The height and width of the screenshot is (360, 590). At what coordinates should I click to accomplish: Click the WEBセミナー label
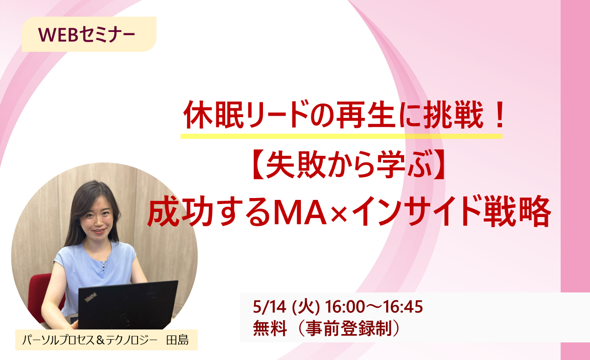[87, 35]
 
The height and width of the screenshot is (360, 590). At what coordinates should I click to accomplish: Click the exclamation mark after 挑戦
[498, 116]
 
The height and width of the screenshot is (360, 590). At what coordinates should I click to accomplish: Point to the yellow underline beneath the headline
[341, 136]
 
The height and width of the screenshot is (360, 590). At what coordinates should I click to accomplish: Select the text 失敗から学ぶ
[349, 164]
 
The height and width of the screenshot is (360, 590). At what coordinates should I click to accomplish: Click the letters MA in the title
[300, 212]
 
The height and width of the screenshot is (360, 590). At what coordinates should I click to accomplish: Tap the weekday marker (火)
[306, 307]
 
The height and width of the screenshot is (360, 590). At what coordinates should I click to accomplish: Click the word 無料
[270, 329]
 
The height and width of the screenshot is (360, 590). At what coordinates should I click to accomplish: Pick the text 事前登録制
[349, 329]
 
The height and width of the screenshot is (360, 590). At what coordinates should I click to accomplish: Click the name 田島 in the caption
[177, 340]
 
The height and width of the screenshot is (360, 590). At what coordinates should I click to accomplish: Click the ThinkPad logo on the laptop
[90, 298]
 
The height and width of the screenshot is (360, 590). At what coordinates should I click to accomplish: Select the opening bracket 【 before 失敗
[257, 164]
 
